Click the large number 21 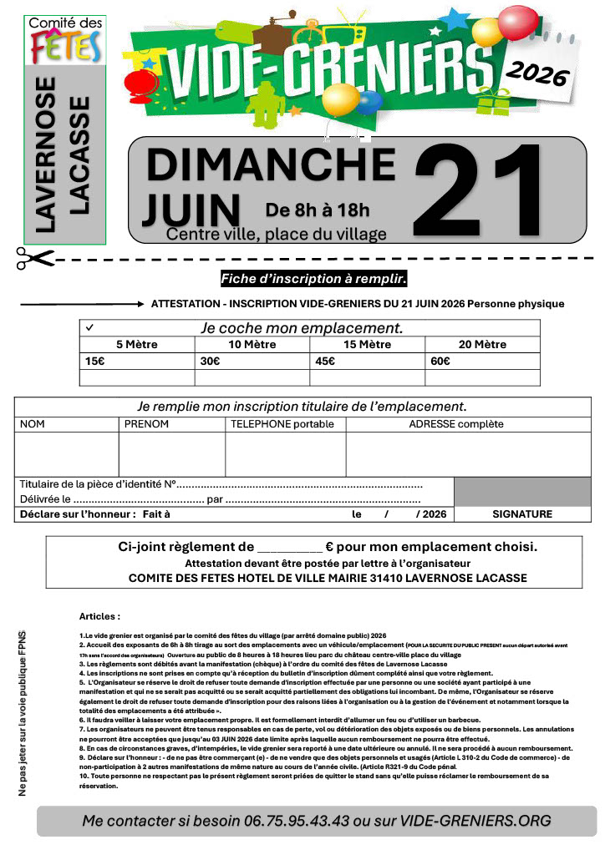pyautogui.click(x=480, y=191)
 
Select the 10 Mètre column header pyautogui.click(x=252, y=344)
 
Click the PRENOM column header pyautogui.click(x=146, y=424)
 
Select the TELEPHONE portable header pyautogui.click(x=282, y=424)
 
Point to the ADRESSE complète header pyautogui.click(x=456, y=424)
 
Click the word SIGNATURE pyautogui.click(x=522, y=514)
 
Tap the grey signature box pyautogui.click(x=522, y=491)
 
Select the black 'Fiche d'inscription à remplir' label pyautogui.click(x=313, y=278)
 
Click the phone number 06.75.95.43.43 pyautogui.click(x=294, y=821)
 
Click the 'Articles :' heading pyautogui.click(x=99, y=616)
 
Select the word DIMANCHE pyautogui.click(x=271, y=164)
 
